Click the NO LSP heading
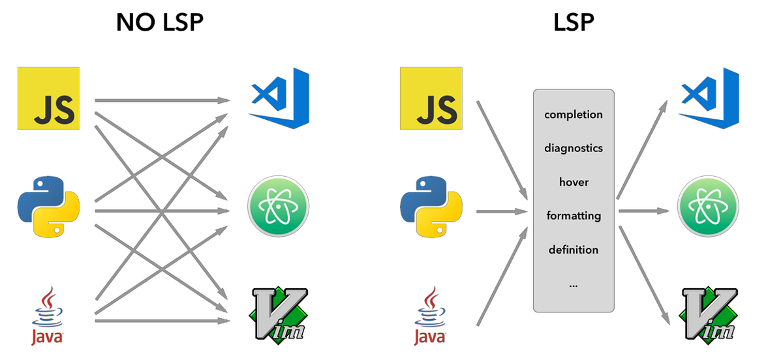point(159,23)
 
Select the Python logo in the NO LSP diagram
point(48,205)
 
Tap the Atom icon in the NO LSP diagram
point(278,207)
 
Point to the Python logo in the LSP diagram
point(431,205)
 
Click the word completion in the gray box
point(574,115)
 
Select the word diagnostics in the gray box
point(574,148)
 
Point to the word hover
point(574,182)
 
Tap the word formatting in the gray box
point(574,216)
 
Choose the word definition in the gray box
point(574,250)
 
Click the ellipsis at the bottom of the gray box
point(574,285)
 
